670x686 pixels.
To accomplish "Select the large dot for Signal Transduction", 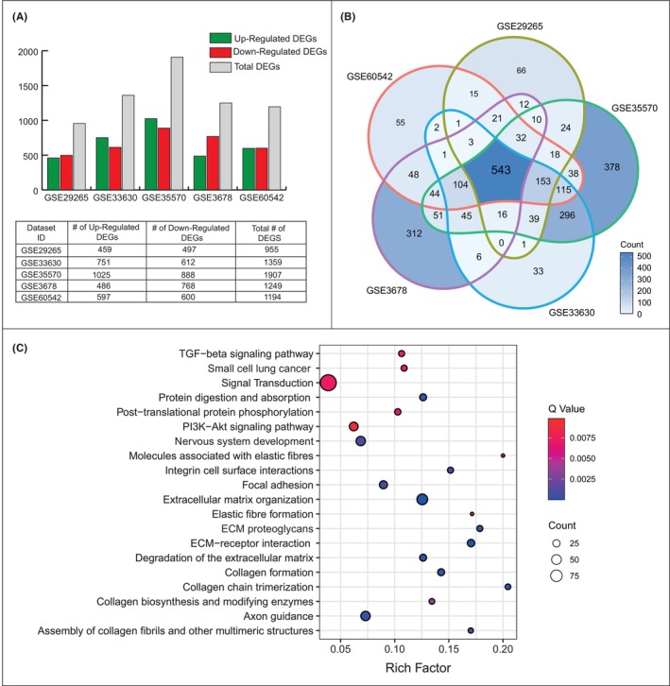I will pyautogui.click(x=329, y=383).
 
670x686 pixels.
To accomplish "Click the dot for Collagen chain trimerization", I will pyautogui.click(x=508, y=587).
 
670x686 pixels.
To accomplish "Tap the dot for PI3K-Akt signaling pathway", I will pyautogui.click(x=353, y=426).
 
